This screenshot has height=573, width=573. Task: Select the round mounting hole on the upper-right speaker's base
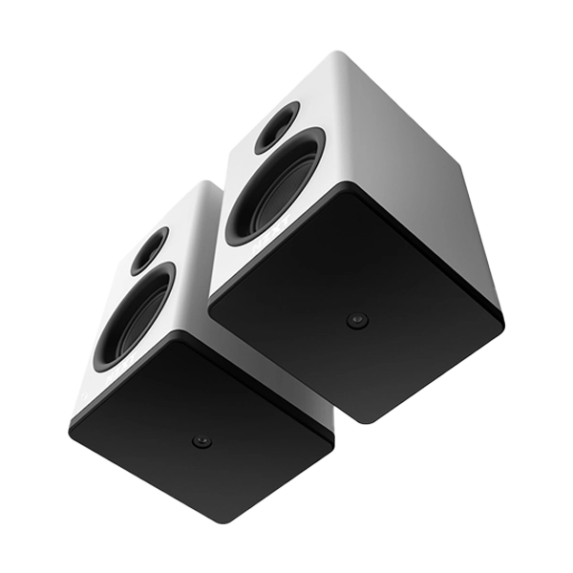tap(356, 321)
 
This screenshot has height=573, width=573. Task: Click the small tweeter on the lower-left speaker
tap(150, 250)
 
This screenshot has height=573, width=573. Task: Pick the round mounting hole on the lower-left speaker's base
tap(201, 441)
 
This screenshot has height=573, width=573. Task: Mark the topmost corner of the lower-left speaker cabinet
tap(203, 180)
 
